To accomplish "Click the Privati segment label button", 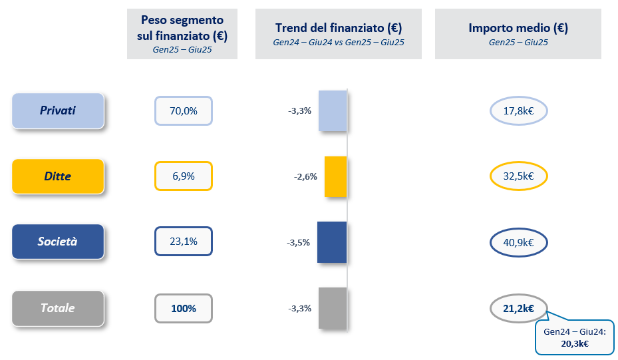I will (58, 110).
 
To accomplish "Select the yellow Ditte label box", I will (58, 176).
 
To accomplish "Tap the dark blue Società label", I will (58, 242).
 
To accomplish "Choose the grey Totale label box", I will (58, 308).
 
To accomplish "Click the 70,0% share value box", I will (184, 111).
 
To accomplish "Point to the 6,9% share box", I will (184, 176).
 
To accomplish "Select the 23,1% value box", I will (184, 242).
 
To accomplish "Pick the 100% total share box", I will (184, 308).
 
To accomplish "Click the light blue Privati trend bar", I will (333, 110).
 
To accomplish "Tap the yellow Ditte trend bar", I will (336, 176).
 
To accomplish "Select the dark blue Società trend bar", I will (332, 242).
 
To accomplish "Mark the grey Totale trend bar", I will (333, 308).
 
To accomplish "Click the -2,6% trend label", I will (305, 177).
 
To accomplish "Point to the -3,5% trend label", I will (299, 242).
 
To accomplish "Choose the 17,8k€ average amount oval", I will (518, 111).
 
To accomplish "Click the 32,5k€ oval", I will (518, 176).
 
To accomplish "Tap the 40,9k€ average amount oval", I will (518, 242).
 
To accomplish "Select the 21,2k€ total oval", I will (518, 308).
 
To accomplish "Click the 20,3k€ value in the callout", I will (575, 343).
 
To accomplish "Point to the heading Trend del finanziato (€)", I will (339, 29).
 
